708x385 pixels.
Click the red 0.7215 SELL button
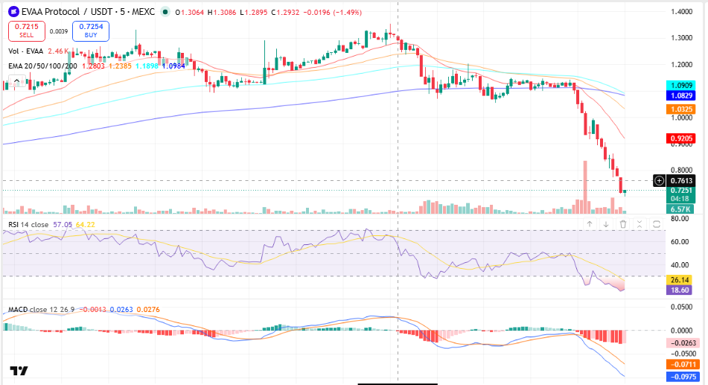pyautogui.click(x=27, y=31)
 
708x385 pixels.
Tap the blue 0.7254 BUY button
pyautogui.click(x=91, y=31)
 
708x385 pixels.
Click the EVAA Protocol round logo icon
pyautogui.click(x=13, y=12)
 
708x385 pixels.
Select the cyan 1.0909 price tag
pyautogui.click(x=681, y=86)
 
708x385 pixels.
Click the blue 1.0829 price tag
pyautogui.click(x=681, y=95)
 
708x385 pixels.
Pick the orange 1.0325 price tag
pyautogui.click(x=681, y=109)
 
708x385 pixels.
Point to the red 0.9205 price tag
pyautogui.click(x=681, y=139)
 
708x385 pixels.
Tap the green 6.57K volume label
pyautogui.click(x=681, y=209)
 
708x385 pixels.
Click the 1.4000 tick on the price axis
pyautogui.click(x=681, y=12)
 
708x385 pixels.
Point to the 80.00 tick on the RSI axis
pyautogui.click(x=679, y=219)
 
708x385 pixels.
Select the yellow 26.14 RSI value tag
pyautogui.click(x=680, y=280)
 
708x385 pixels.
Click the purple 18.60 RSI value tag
pyautogui.click(x=680, y=290)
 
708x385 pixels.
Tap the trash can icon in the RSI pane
pyautogui.click(x=623, y=224)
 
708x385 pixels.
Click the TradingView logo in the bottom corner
pyautogui.click(x=19, y=371)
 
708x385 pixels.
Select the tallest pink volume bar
pyautogui.click(x=585, y=187)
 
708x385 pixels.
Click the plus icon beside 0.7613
pyautogui.click(x=659, y=181)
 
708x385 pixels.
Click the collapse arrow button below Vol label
pyautogui.click(x=16, y=82)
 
